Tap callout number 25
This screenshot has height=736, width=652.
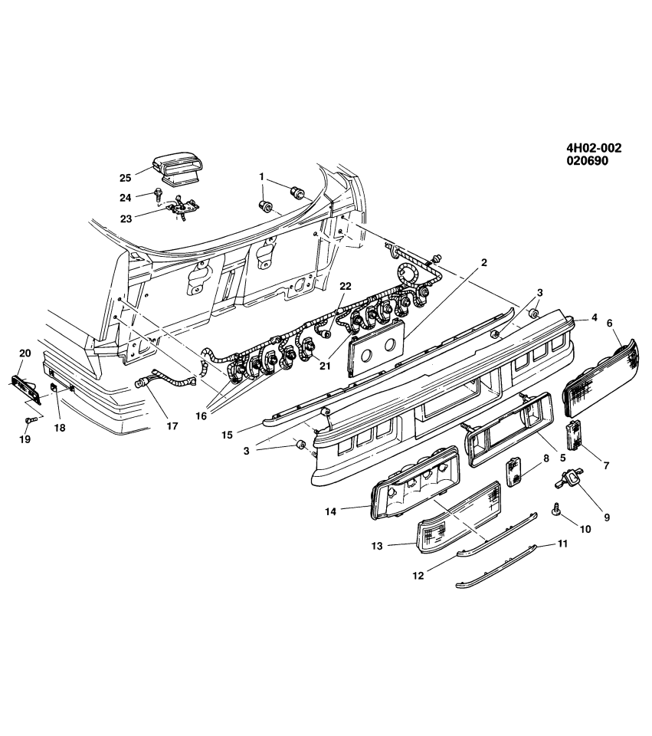coord(126,178)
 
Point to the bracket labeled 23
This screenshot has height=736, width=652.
coord(184,207)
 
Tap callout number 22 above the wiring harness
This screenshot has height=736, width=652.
coord(345,286)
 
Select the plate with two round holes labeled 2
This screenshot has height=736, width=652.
coord(376,347)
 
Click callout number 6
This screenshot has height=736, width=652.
coord(610,324)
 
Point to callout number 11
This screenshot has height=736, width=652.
coord(562,545)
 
